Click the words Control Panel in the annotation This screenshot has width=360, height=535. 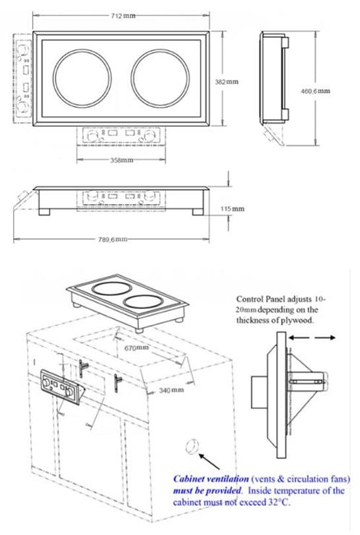pos(263,299)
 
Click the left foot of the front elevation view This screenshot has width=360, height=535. pos(50,212)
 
